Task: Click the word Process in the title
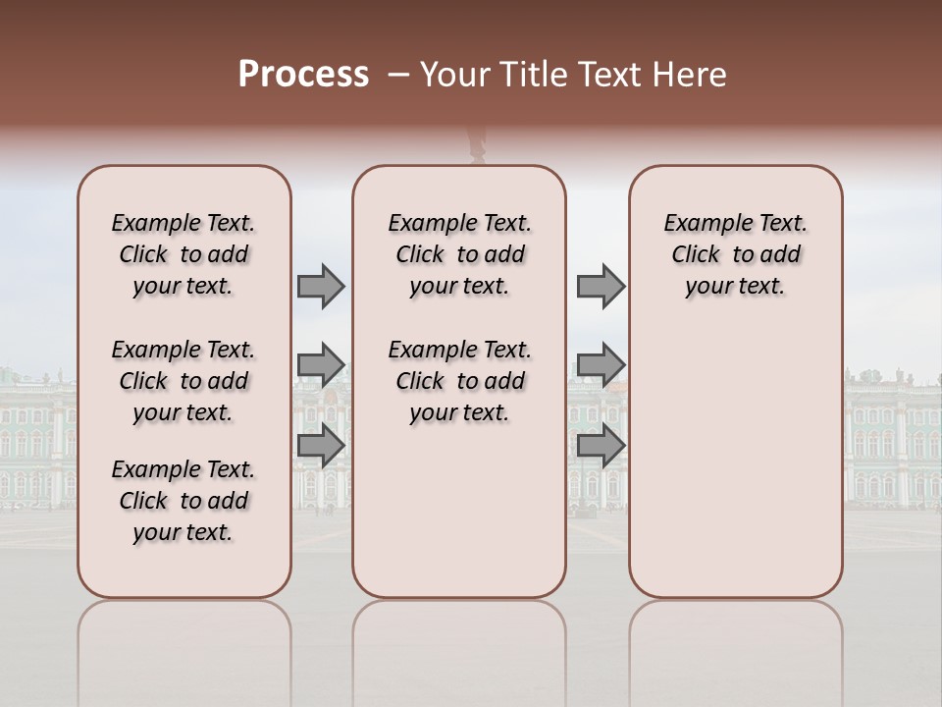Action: coord(303,75)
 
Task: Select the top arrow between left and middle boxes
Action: coord(321,286)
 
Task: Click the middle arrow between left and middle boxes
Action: coord(321,365)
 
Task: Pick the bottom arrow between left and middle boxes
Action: coord(321,445)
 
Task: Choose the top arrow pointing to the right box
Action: coord(601,286)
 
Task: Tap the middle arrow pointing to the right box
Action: coord(601,365)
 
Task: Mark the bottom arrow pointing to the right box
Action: coord(601,445)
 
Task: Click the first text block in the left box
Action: coord(183,254)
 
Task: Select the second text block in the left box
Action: coord(183,381)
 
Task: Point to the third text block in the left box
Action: coord(183,501)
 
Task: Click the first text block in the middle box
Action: coord(459,254)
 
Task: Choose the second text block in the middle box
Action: coord(459,381)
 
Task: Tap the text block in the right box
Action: coord(735,254)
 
